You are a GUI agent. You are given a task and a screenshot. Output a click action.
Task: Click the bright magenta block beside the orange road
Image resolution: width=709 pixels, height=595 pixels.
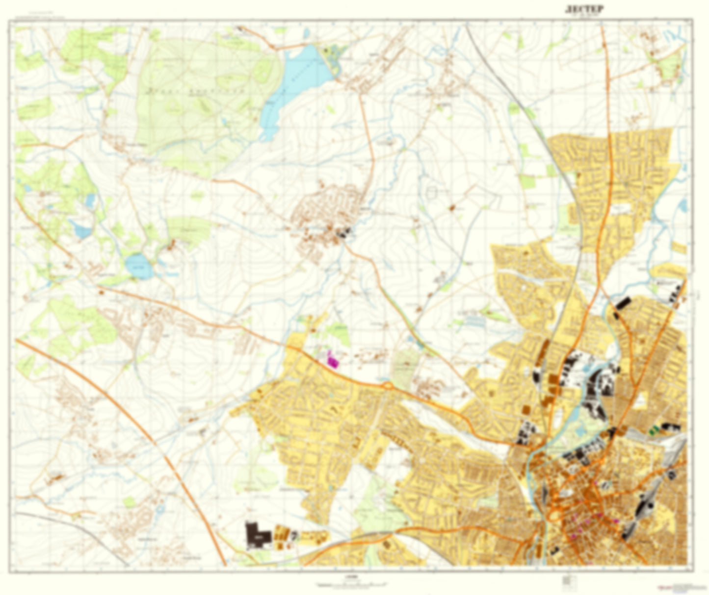pos(332,359)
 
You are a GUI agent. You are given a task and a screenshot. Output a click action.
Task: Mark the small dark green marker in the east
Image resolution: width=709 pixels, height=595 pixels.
pos(653,430)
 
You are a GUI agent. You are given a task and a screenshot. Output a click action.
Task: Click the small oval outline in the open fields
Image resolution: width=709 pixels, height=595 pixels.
pos(431,192)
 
